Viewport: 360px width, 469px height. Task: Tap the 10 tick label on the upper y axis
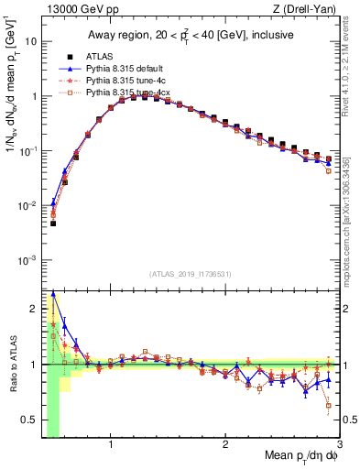pos(31,42)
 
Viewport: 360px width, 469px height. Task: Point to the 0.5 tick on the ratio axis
pos(29,420)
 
